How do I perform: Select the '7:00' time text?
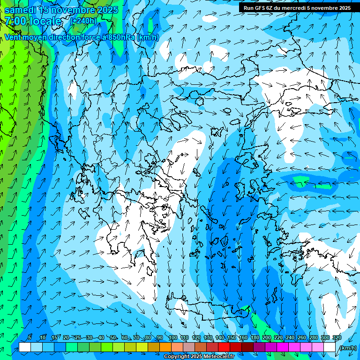pos(15,21)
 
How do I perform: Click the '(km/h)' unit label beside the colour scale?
pos(348,348)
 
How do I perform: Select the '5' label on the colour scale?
pos(30,337)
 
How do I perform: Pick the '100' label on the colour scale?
pos(172,337)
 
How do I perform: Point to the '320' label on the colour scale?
pos(337,337)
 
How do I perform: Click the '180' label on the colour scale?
pos(255,337)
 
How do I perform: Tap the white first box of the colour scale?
pos(25,347)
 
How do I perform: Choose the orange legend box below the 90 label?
pos(165,347)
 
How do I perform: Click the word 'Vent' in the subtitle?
pos(13,37)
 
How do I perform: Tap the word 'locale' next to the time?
pos(45,21)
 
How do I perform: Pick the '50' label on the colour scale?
pos(113,337)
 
